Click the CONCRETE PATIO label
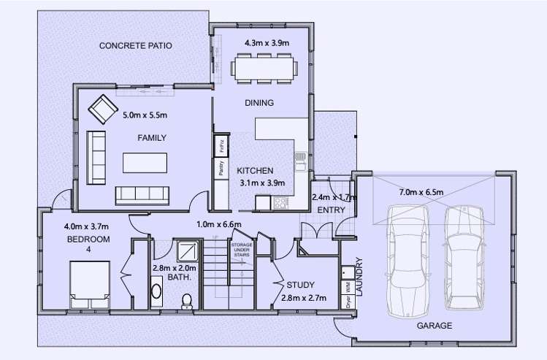(x=136, y=45)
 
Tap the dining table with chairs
(x=264, y=67)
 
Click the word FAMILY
(x=152, y=138)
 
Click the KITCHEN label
(x=255, y=170)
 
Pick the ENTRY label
(x=331, y=210)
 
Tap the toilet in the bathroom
(x=187, y=300)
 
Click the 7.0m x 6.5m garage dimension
(x=421, y=192)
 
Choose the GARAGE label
(x=434, y=326)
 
